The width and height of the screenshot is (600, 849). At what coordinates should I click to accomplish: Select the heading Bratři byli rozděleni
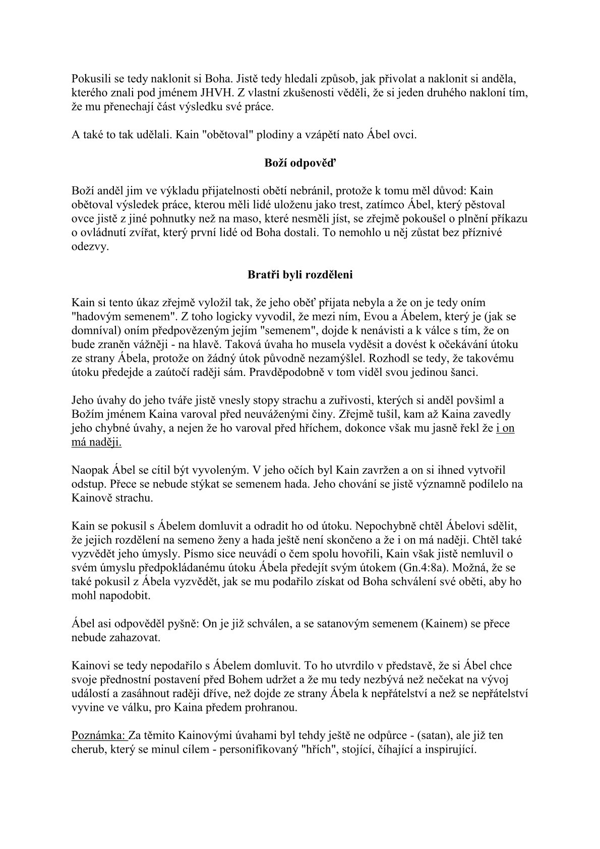click(x=299, y=275)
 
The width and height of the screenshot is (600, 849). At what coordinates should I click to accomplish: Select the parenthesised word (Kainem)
click(x=443, y=624)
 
